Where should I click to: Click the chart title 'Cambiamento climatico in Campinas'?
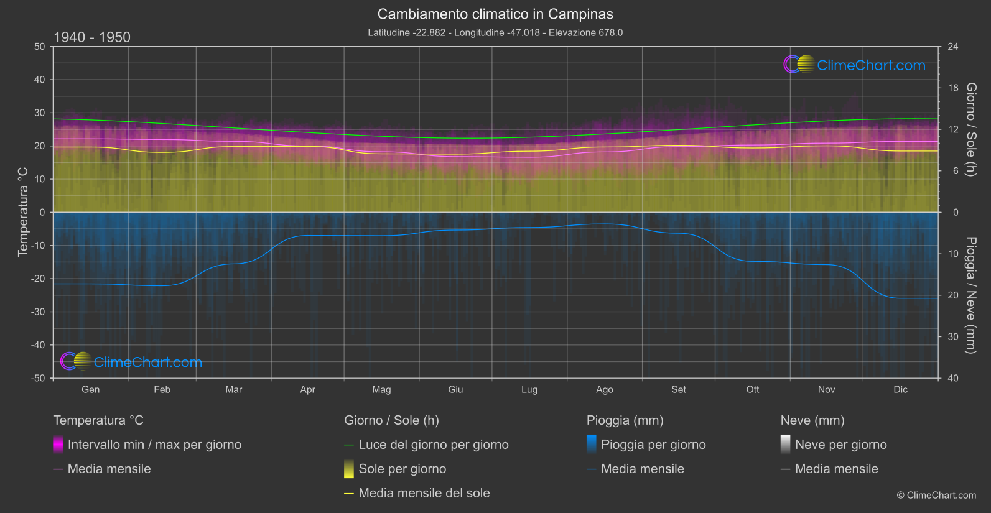pyautogui.click(x=495, y=14)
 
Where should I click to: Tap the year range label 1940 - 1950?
pyautogui.click(x=92, y=37)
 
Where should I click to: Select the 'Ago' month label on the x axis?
pyautogui.click(x=604, y=390)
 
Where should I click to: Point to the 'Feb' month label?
pyautogui.click(x=162, y=390)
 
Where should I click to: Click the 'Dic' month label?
pyautogui.click(x=900, y=390)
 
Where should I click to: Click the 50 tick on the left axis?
pyautogui.click(x=40, y=47)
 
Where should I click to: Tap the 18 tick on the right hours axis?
pyautogui.click(x=953, y=88)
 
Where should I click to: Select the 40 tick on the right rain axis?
pyautogui.click(x=953, y=378)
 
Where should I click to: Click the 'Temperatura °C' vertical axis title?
pyautogui.click(x=23, y=211)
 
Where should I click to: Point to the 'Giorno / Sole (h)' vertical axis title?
pyautogui.click(x=970, y=129)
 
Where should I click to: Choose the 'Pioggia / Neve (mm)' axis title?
pyautogui.click(x=970, y=295)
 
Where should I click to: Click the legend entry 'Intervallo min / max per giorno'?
pyautogui.click(x=154, y=445)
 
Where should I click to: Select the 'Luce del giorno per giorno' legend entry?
pyautogui.click(x=433, y=445)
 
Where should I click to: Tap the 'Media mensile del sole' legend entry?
pyautogui.click(x=424, y=493)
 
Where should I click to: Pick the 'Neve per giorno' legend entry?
pyautogui.click(x=840, y=445)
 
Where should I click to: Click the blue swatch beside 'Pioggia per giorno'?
pyautogui.click(x=592, y=444)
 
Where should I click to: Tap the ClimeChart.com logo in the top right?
pyautogui.click(x=855, y=65)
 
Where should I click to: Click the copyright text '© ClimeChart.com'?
pyautogui.click(x=936, y=496)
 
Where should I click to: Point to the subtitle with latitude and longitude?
pyautogui.click(x=495, y=32)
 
